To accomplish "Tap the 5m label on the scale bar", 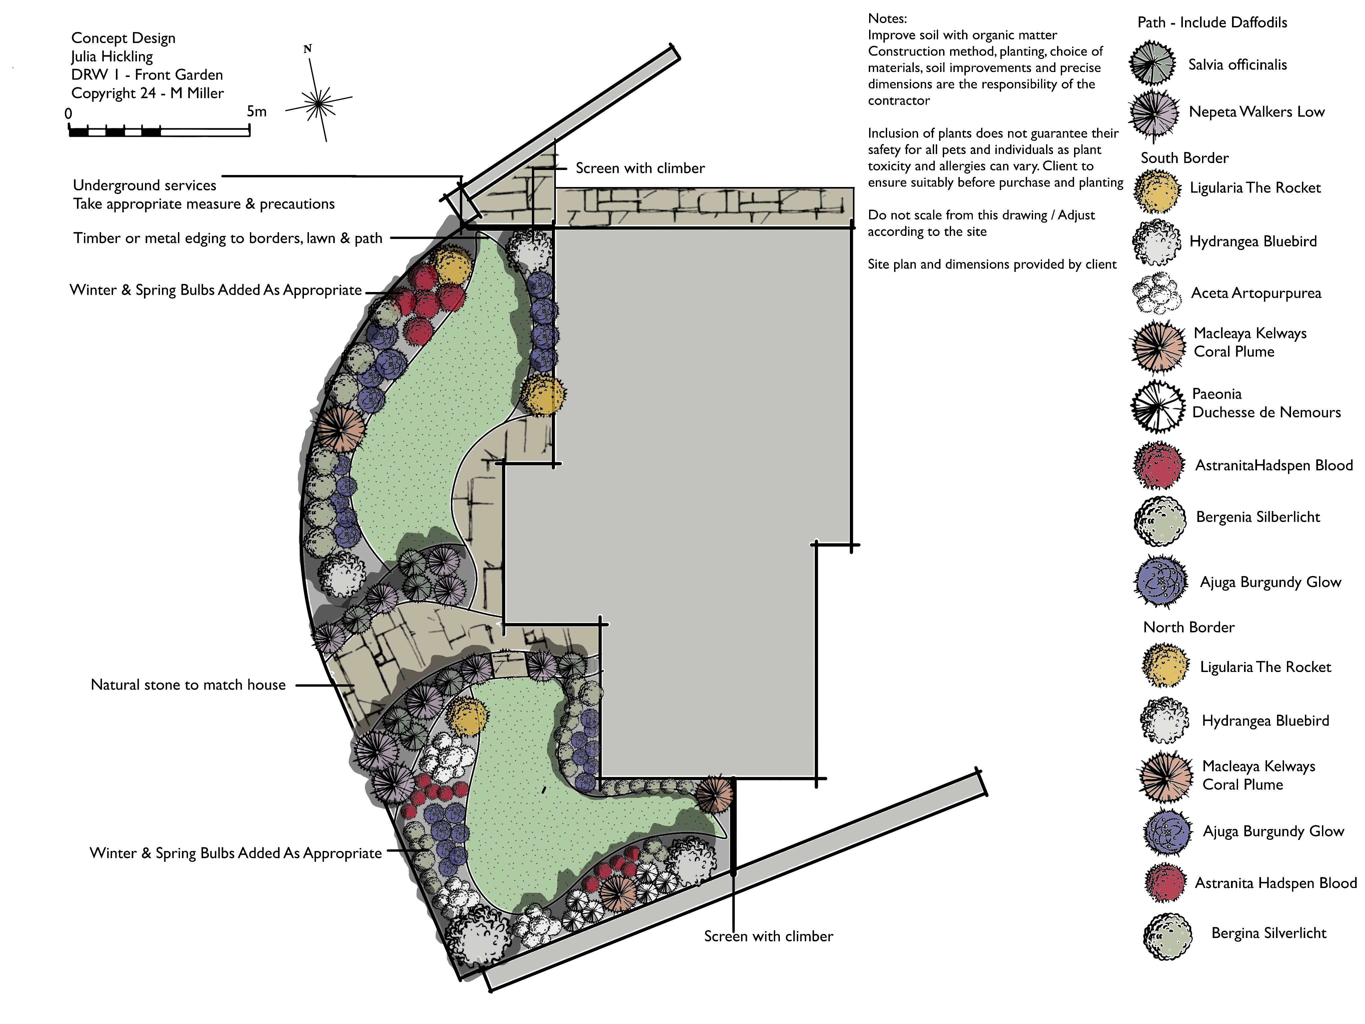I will click(257, 112).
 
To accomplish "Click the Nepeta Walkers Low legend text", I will click(1256, 112).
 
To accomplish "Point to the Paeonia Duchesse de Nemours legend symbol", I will click(1158, 406).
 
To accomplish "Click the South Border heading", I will click(1184, 158).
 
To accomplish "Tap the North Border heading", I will click(1188, 627).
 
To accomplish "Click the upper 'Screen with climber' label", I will click(640, 168).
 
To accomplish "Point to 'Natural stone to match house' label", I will click(188, 685).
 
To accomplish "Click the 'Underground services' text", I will click(144, 185).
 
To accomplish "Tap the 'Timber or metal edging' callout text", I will click(228, 238).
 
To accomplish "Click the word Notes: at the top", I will click(887, 19).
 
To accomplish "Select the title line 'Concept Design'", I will click(123, 38).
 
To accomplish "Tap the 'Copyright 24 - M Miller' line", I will click(148, 93).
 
